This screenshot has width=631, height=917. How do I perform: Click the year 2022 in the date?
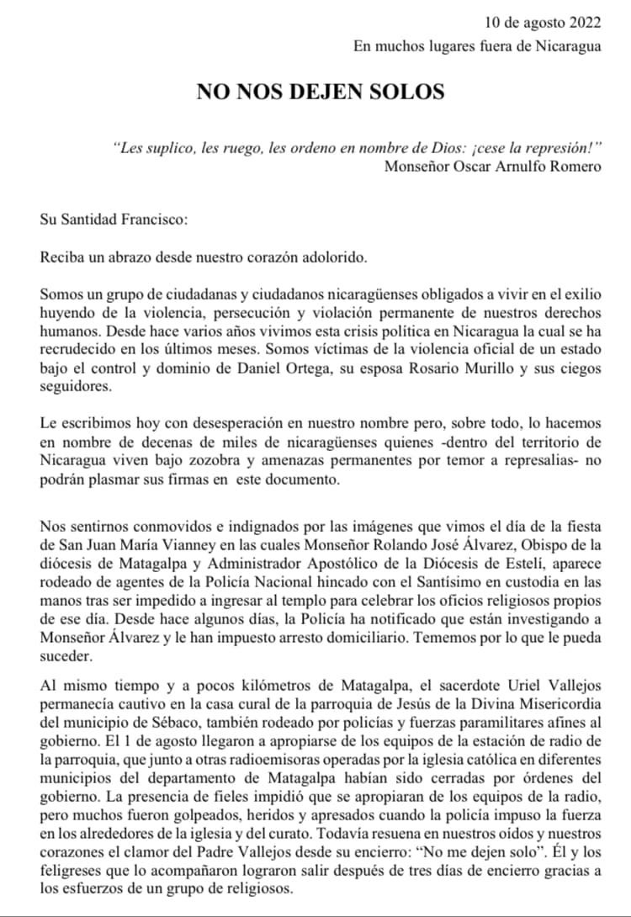click(x=585, y=22)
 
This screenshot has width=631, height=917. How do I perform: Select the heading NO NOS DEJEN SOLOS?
click(x=321, y=91)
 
